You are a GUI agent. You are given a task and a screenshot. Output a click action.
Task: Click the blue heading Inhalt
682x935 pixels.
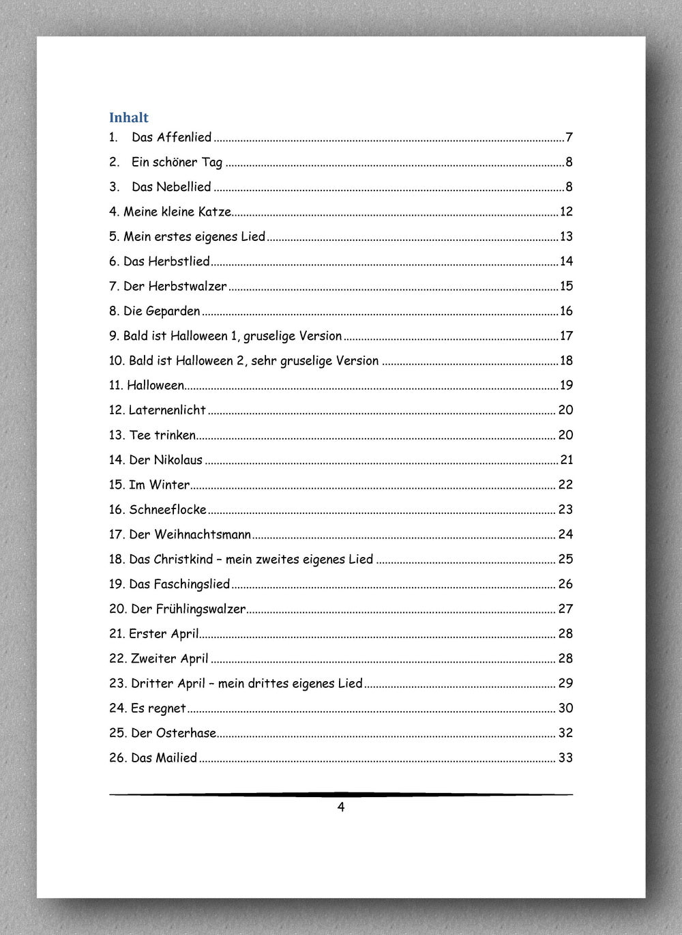pyautogui.click(x=128, y=117)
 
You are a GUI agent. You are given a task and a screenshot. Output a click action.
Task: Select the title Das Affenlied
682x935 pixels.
pyautogui.click(x=171, y=137)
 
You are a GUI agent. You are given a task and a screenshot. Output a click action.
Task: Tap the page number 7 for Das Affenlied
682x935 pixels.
pyautogui.click(x=569, y=138)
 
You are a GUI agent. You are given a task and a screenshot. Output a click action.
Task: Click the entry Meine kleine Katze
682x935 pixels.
pyautogui.click(x=177, y=212)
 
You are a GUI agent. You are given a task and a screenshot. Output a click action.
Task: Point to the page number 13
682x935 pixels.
pyautogui.click(x=566, y=237)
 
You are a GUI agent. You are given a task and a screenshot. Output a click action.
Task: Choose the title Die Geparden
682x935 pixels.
pyautogui.click(x=162, y=311)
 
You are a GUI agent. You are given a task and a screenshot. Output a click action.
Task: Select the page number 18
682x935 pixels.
pyautogui.click(x=566, y=360)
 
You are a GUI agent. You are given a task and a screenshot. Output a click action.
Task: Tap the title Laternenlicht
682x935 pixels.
pyautogui.click(x=167, y=410)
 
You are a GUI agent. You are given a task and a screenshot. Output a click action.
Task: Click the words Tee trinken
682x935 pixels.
pyautogui.click(x=162, y=435)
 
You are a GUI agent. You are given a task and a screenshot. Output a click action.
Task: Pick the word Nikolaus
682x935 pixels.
pyautogui.click(x=178, y=460)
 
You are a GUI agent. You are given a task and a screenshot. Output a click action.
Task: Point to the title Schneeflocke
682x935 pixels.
pyautogui.click(x=168, y=510)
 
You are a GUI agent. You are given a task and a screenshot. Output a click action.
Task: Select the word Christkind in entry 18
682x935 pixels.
pyautogui.click(x=183, y=560)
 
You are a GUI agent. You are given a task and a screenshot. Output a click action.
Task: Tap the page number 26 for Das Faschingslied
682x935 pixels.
pyautogui.click(x=565, y=584)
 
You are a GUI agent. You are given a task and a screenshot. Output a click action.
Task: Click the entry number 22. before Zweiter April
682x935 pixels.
pyautogui.click(x=118, y=659)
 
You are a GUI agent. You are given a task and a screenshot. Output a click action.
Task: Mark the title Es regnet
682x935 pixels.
pyautogui.click(x=158, y=708)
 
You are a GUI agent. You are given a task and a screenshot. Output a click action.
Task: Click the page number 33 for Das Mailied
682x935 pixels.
pyautogui.click(x=565, y=758)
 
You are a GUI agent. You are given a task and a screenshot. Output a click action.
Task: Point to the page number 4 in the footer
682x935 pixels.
pyautogui.click(x=341, y=807)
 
